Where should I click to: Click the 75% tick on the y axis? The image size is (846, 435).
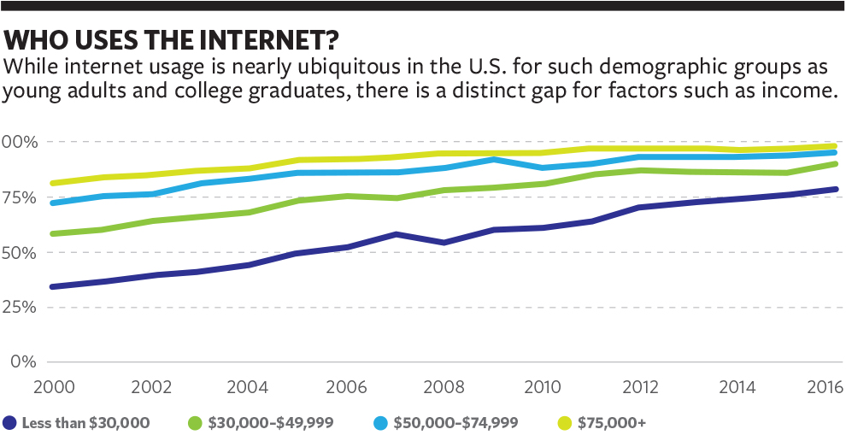[19, 197]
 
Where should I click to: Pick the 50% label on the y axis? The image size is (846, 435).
[19, 253]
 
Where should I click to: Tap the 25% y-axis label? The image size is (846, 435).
[19, 307]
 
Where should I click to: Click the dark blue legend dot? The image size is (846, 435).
[10, 422]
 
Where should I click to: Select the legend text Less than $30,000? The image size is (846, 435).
[86, 422]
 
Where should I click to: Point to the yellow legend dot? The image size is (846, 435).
[563, 422]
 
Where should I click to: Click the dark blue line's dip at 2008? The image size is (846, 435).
[444, 243]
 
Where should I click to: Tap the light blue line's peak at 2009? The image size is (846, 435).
[493, 159]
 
